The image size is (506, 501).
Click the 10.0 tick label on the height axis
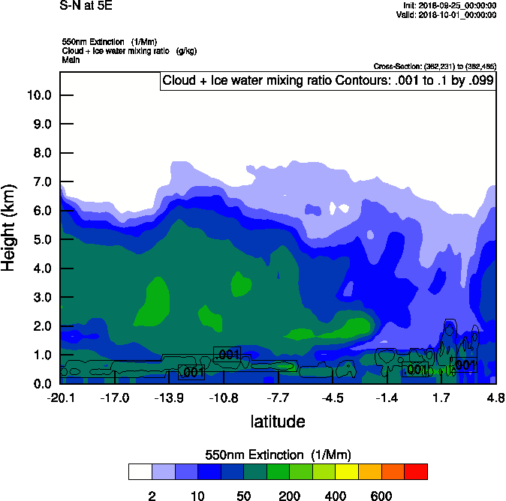coord(38,95)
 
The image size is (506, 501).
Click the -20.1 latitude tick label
coord(61,397)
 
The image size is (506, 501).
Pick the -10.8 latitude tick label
coord(224,397)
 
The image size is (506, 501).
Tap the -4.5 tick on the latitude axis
coord(333,397)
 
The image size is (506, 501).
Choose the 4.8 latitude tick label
coord(494,397)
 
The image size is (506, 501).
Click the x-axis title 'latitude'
coord(278,421)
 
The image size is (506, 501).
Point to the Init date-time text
coord(449,6)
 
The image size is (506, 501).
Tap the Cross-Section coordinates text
coord(435,67)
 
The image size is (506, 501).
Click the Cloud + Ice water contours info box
coord(328,81)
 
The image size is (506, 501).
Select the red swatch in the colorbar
coord(415,472)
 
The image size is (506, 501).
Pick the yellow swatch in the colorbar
coord(346,472)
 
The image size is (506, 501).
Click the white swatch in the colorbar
coord(140,472)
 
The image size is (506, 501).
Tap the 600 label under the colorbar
coord(381,496)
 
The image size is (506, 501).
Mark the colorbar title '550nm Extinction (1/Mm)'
coord(278,455)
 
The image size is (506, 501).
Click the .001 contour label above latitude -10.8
coord(227,354)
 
